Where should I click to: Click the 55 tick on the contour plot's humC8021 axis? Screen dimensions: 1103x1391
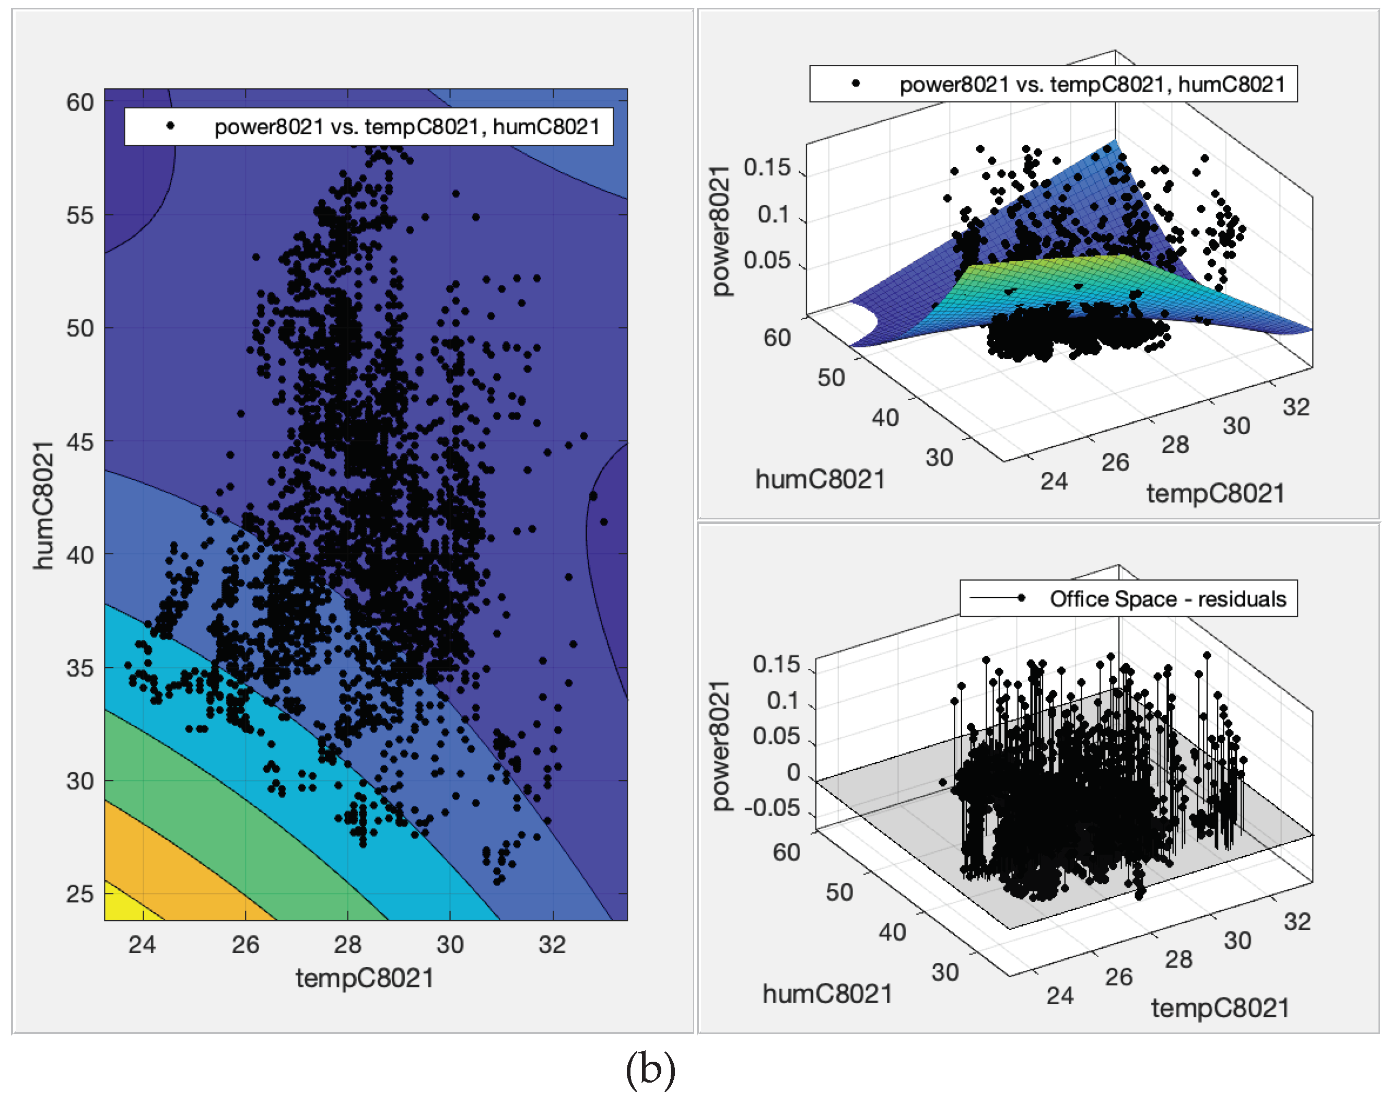pyautogui.click(x=79, y=216)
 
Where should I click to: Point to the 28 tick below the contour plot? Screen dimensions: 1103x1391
pyautogui.click(x=347, y=945)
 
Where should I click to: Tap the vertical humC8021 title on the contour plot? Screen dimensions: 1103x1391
pyautogui.click(x=43, y=505)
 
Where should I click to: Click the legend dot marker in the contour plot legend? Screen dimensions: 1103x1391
pyautogui.click(x=170, y=126)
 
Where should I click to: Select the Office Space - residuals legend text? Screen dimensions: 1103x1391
pyautogui.click(x=1168, y=599)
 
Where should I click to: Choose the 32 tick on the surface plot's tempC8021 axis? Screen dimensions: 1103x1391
pyautogui.click(x=1295, y=407)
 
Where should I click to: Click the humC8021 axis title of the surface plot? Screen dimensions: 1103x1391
pyautogui.click(x=820, y=480)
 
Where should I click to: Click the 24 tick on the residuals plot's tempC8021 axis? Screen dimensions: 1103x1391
pyautogui.click(x=1060, y=996)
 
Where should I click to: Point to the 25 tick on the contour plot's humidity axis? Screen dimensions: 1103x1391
pyautogui.click(x=79, y=894)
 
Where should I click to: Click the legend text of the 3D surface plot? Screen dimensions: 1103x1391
pyautogui.click(x=1092, y=85)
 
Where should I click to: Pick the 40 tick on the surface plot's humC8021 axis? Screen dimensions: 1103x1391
pyautogui.click(x=885, y=417)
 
